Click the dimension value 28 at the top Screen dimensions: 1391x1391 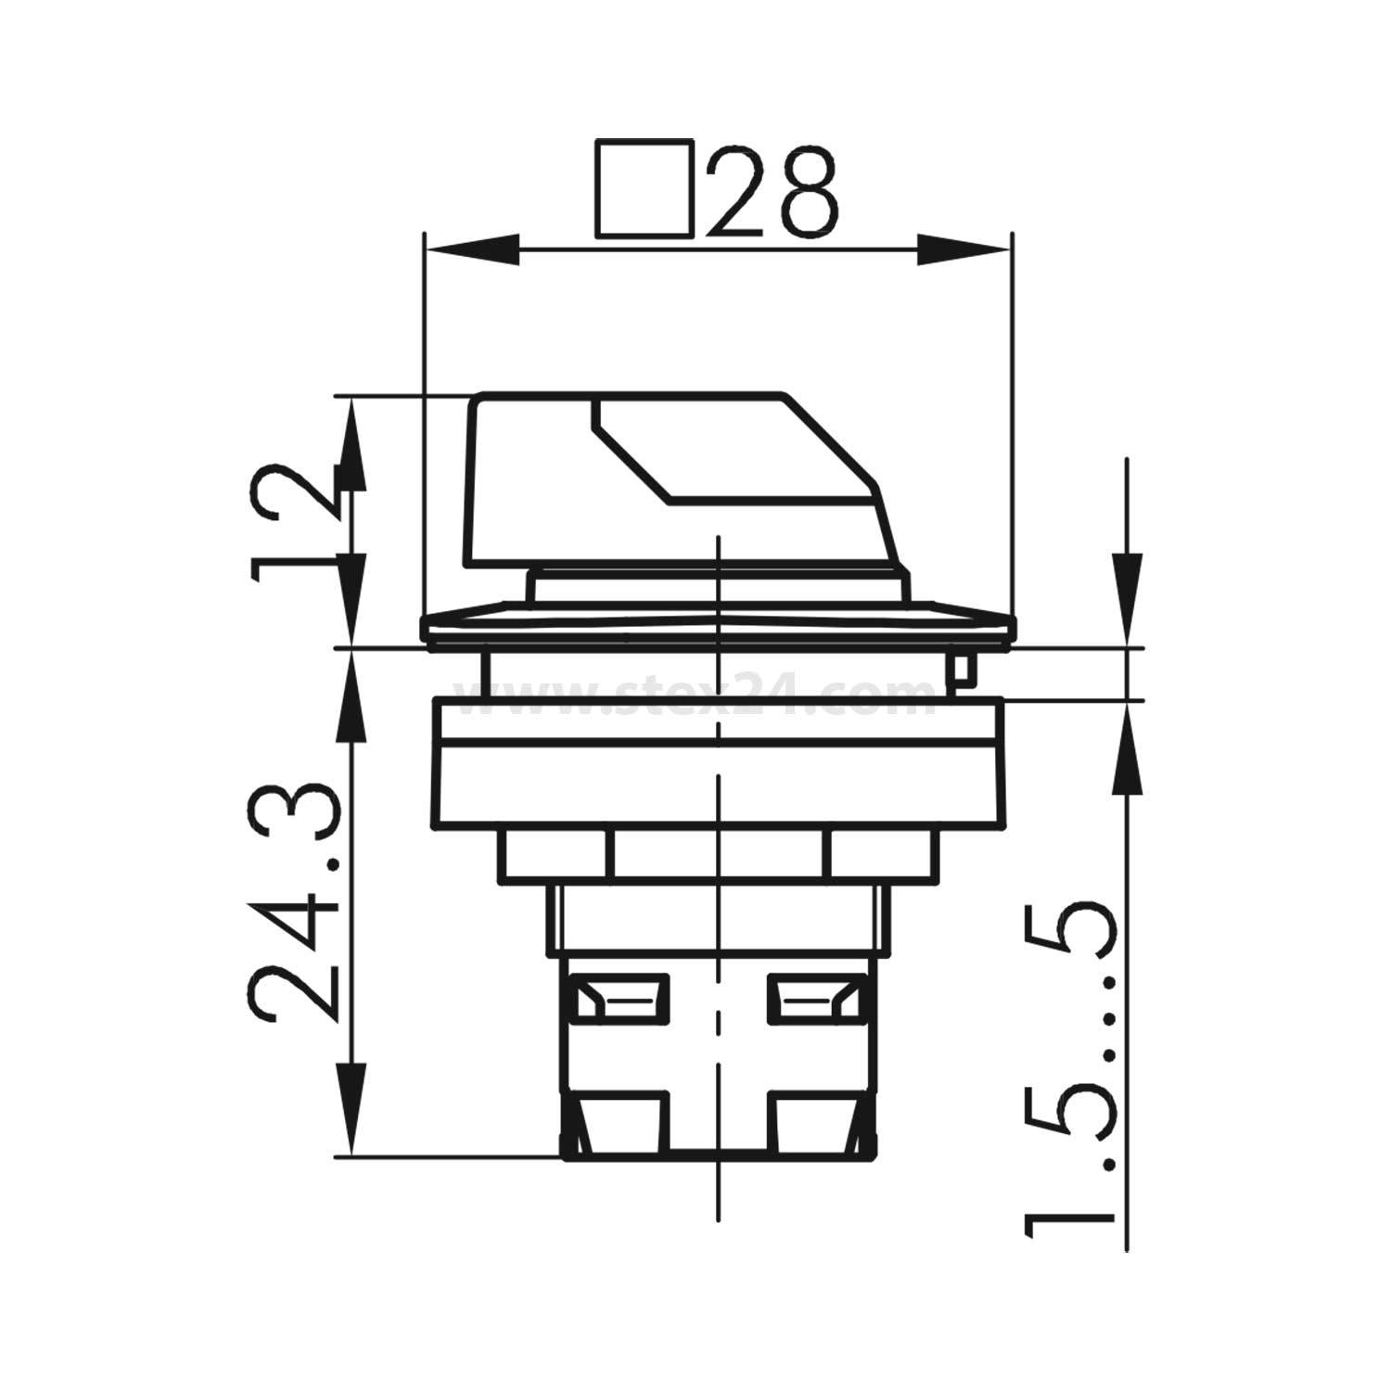[772, 190]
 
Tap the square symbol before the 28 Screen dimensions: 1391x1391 [644, 187]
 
